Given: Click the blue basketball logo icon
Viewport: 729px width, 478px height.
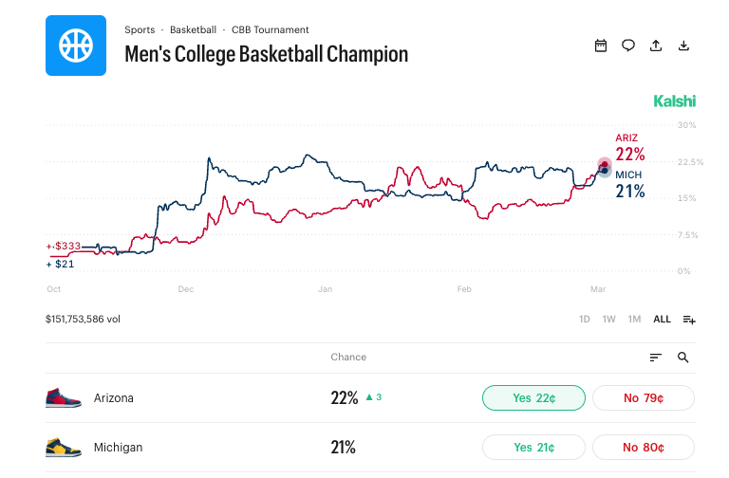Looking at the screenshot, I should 76,46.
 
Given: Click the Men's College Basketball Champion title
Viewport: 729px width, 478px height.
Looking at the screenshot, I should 266,54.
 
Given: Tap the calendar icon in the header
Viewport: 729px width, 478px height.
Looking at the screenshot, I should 601,46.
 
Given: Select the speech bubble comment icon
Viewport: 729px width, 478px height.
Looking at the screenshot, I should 628,46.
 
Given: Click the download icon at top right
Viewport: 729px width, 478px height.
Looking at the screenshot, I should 683,46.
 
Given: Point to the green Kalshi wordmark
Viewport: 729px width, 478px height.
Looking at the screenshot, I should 675,101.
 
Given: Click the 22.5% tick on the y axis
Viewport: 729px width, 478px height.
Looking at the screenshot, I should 690,162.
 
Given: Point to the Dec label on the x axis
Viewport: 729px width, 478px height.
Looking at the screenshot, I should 186,288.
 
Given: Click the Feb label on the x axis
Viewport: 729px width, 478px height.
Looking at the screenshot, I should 464,288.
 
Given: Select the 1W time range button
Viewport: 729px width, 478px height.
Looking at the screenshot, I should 609,320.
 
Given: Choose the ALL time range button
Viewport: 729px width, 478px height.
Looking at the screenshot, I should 662,320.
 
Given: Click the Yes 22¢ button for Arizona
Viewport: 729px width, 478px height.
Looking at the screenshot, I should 533,398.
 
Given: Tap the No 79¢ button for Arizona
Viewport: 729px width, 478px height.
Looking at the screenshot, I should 644,398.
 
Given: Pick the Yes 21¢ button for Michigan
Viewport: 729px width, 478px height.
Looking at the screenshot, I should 533,448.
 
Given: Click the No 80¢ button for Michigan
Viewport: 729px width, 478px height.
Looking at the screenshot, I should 644,448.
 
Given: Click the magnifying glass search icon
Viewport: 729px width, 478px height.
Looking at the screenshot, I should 683,358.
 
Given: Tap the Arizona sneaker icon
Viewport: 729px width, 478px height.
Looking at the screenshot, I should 64,398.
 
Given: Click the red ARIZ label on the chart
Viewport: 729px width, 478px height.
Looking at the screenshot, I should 626,138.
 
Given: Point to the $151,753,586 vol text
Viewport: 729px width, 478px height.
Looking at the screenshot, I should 83,320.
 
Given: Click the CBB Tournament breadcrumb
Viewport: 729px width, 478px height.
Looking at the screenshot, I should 270,29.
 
